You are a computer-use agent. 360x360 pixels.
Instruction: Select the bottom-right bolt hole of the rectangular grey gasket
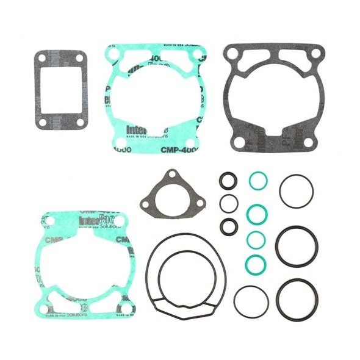tap(80, 122)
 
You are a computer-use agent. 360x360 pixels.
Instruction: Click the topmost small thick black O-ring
tap(228, 181)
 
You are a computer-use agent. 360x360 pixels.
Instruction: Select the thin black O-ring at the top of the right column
tap(297, 191)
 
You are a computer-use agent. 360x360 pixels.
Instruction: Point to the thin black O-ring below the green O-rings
tap(251, 301)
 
